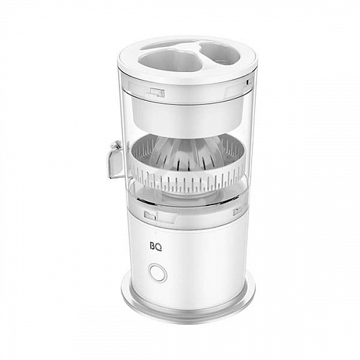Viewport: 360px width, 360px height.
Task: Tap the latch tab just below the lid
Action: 155,91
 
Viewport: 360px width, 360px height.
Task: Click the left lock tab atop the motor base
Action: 150,215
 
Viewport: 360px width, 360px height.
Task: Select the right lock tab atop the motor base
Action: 237,211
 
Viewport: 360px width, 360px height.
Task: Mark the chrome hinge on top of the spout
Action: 114,147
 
